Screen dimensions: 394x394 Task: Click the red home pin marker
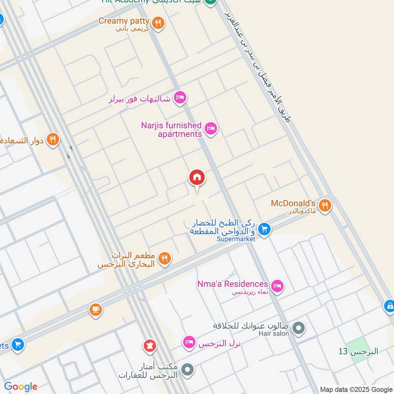pos(197,178)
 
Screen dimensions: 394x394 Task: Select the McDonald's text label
pos(293,203)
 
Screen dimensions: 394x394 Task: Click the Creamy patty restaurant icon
pos(158,22)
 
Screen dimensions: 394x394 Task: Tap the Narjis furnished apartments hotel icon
pos(211,129)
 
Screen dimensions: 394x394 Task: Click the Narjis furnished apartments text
pos(171,130)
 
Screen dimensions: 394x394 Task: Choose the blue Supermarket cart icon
pos(264,229)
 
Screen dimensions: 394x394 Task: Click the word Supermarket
pos(236,239)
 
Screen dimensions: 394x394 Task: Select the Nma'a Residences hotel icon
pos(278,285)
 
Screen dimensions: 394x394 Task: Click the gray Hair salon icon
pos(298,328)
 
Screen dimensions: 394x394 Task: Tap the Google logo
pos(21,387)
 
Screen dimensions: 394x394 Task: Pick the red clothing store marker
pos(150,346)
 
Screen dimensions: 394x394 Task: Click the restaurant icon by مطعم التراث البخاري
pos(164,258)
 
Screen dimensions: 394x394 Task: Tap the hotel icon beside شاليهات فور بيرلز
pos(180,98)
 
